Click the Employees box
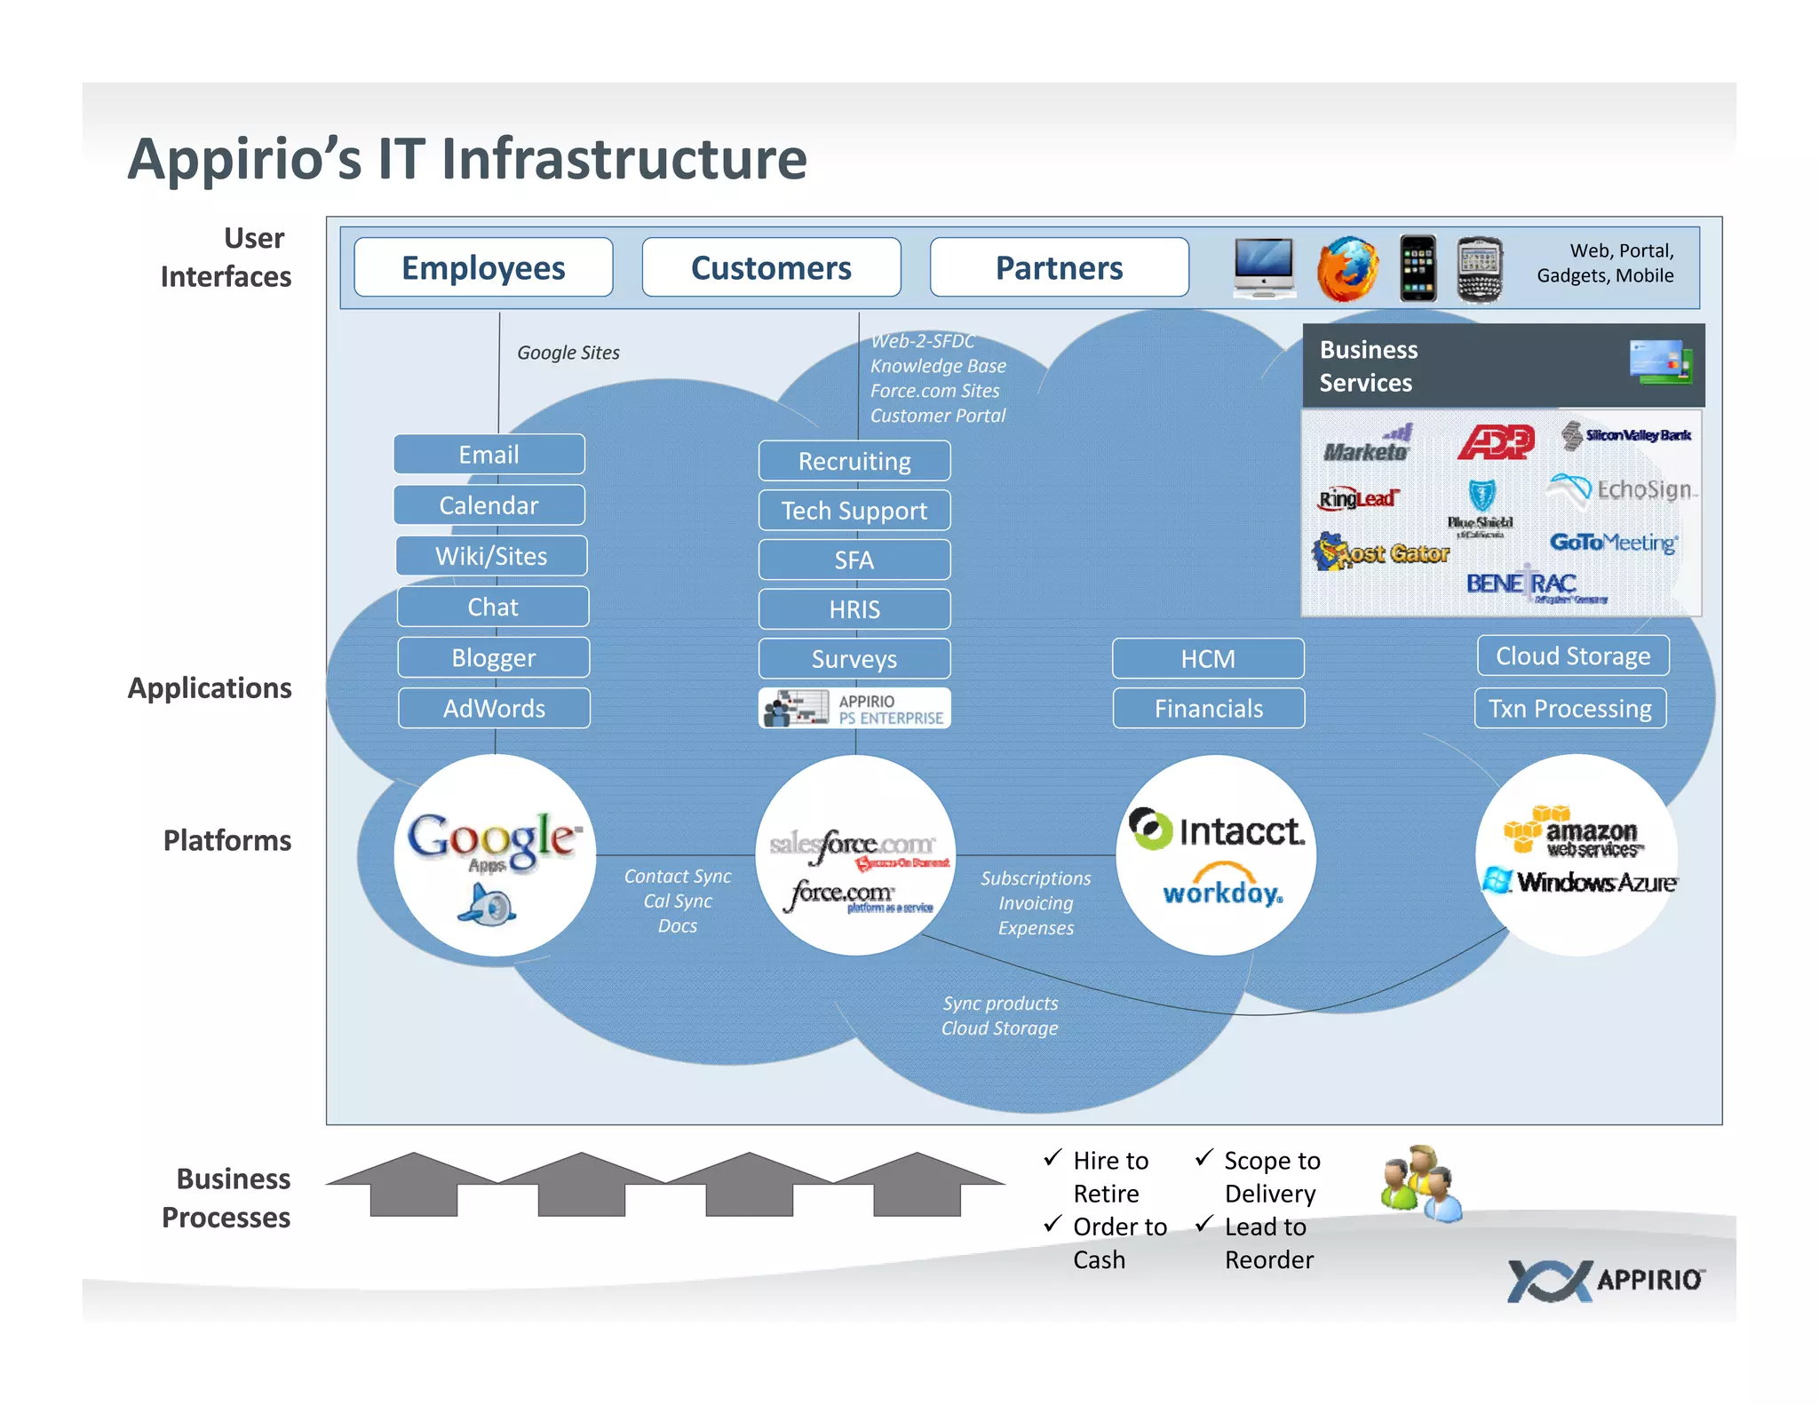coord(483,267)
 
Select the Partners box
coord(1059,267)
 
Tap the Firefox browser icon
coord(1347,268)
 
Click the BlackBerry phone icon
coord(1480,268)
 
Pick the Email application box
coord(489,455)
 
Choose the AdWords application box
coord(494,709)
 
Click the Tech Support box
coord(854,511)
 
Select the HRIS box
coord(854,609)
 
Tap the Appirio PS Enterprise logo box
coord(854,709)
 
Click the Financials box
coord(1208,709)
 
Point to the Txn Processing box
coord(1569,709)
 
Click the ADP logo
coord(1497,441)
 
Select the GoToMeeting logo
coord(1613,542)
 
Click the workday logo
coord(1222,889)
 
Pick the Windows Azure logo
coord(1581,882)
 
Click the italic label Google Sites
coord(568,353)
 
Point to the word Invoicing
coord(1036,903)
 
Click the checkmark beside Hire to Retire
coord(1052,1157)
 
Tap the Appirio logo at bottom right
coord(1605,1280)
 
